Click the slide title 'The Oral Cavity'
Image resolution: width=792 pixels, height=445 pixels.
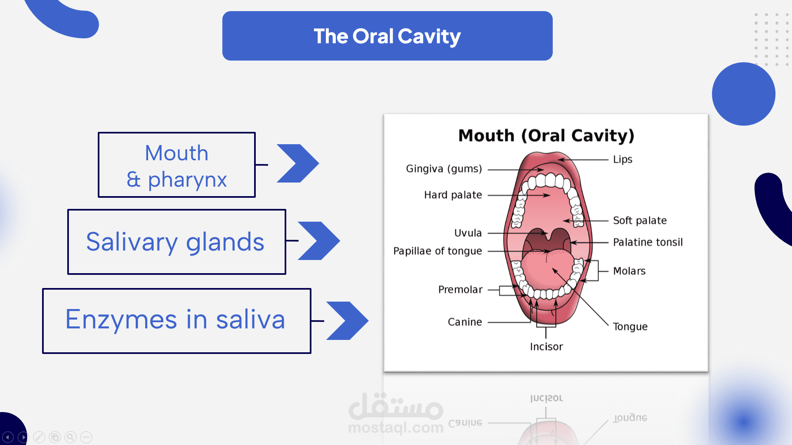click(387, 36)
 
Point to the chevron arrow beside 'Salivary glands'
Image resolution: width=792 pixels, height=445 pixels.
click(319, 241)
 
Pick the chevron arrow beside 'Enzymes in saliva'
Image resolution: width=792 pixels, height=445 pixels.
click(347, 321)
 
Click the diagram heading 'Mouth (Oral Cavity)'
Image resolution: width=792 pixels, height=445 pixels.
click(546, 136)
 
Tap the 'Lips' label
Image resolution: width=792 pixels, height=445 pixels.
click(622, 159)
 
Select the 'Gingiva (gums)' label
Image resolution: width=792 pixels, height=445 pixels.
click(444, 169)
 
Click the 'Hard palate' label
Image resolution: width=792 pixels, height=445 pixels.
click(453, 195)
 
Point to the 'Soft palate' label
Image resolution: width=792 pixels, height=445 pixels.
click(640, 220)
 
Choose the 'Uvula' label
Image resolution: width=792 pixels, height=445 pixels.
click(468, 233)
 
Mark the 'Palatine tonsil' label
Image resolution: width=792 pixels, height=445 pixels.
click(648, 242)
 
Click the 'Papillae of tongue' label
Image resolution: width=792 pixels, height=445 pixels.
click(437, 251)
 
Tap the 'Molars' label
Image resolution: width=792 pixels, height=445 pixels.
click(629, 271)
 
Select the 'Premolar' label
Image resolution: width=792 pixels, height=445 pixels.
click(460, 290)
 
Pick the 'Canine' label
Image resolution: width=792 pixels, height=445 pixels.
click(465, 322)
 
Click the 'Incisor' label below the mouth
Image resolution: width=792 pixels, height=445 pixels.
click(546, 347)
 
